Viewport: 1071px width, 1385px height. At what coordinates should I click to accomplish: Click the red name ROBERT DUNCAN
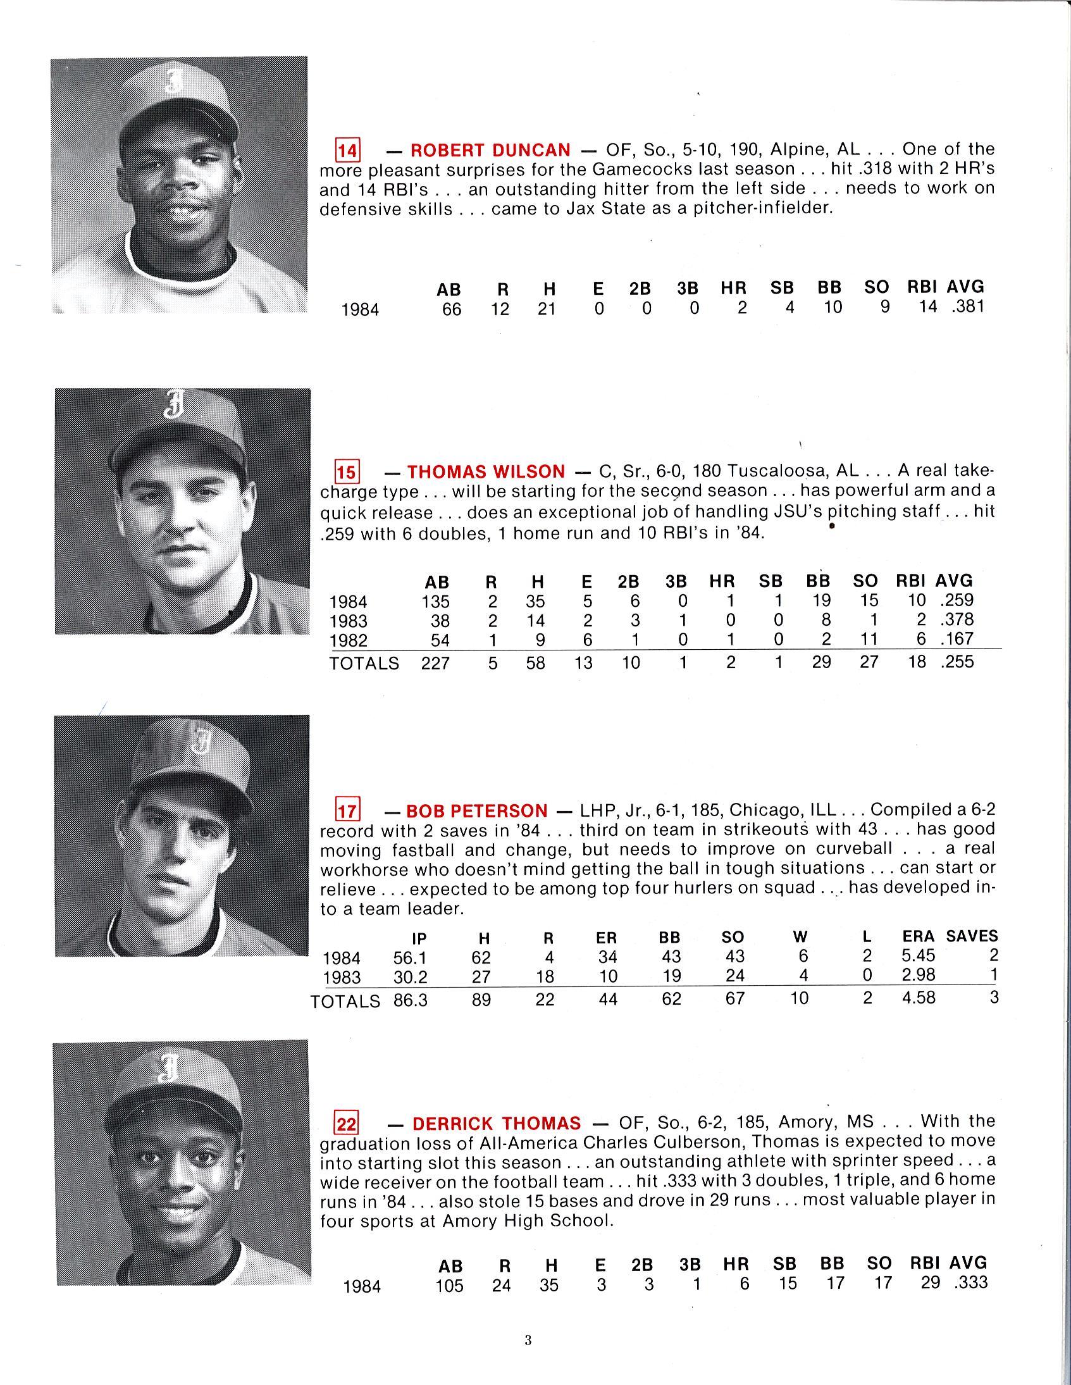pyautogui.click(x=490, y=151)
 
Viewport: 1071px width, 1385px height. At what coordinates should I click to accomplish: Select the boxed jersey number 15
pyautogui.click(x=347, y=473)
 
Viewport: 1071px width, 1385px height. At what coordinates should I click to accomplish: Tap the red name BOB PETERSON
pyautogui.click(x=476, y=811)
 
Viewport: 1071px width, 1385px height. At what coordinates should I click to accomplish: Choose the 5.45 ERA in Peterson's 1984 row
pyautogui.click(x=918, y=955)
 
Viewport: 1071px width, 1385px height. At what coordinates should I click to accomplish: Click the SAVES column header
pyautogui.click(x=972, y=936)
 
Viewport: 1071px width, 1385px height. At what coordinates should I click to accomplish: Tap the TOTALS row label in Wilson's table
pyautogui.click(x=364, y=663)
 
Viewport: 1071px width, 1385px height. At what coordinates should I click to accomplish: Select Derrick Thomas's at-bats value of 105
pyautogui.click(x=450, y=1286)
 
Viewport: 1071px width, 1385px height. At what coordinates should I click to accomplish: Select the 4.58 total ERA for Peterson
pyautogui.click(x=918, y=998)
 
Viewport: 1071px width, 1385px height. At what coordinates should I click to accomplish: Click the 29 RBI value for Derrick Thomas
pyautogui.click(x=930, y=1283)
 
